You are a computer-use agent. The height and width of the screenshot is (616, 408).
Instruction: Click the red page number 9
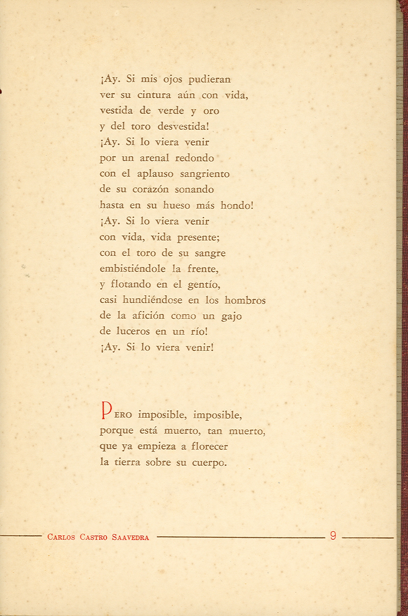[x=332, y=536]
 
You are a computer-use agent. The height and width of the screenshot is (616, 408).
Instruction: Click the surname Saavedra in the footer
[x=131, y=538]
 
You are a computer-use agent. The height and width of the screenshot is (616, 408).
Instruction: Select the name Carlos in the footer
[x=61, y=538]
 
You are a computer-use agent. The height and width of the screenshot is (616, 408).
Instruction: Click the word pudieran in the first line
[x=209, y=80]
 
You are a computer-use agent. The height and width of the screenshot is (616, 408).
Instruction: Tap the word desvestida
[x=183, y=126]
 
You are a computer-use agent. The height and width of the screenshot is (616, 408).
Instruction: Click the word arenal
[x=154, y=158]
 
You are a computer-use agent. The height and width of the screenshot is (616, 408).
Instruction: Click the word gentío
[x=204, y=285]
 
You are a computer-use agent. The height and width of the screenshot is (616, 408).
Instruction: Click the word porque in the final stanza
[x=116, y=431]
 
